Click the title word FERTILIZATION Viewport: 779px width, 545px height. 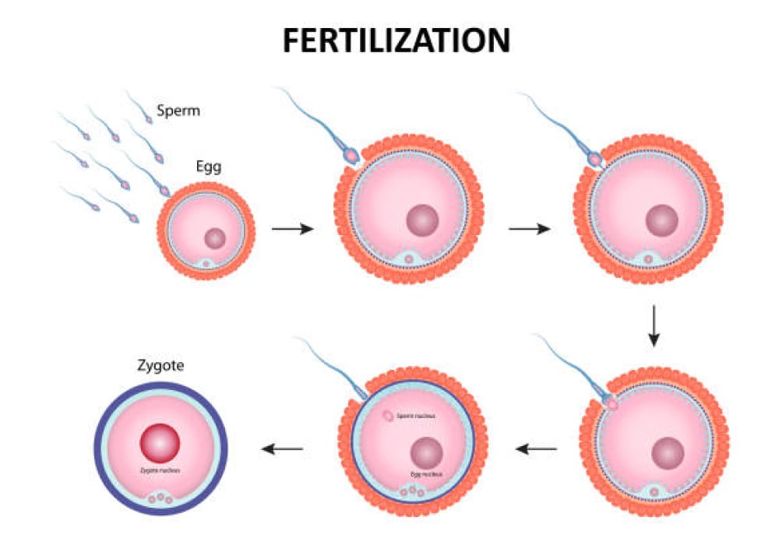coord(396,40)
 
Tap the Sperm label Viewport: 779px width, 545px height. coord(178,111)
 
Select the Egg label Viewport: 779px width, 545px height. coord(210,166)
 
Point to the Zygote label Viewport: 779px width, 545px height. coord(159,364)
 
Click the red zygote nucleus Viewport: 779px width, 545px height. coord(160,444)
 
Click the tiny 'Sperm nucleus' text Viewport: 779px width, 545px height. coord(416,417)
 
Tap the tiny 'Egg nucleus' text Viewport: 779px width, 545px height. coord(427,473)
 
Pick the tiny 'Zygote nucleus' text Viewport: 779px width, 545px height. coord(160,469)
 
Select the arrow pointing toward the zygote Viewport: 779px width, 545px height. coord(281,448)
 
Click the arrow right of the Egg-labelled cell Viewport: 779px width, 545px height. coord(292,229)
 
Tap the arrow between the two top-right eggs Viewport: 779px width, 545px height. coord(529,229)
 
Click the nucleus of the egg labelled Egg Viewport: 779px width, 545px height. coord(215,238)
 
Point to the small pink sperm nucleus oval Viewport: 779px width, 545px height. coord(387,417)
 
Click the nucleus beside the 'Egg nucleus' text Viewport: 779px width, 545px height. coord(427,452)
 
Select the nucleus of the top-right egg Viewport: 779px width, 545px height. coord(661,220)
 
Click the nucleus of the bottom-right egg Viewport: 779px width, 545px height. coord(668,452)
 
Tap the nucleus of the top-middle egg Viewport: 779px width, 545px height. coord(421,220)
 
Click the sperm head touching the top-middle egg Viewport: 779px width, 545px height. coord(351,156)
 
